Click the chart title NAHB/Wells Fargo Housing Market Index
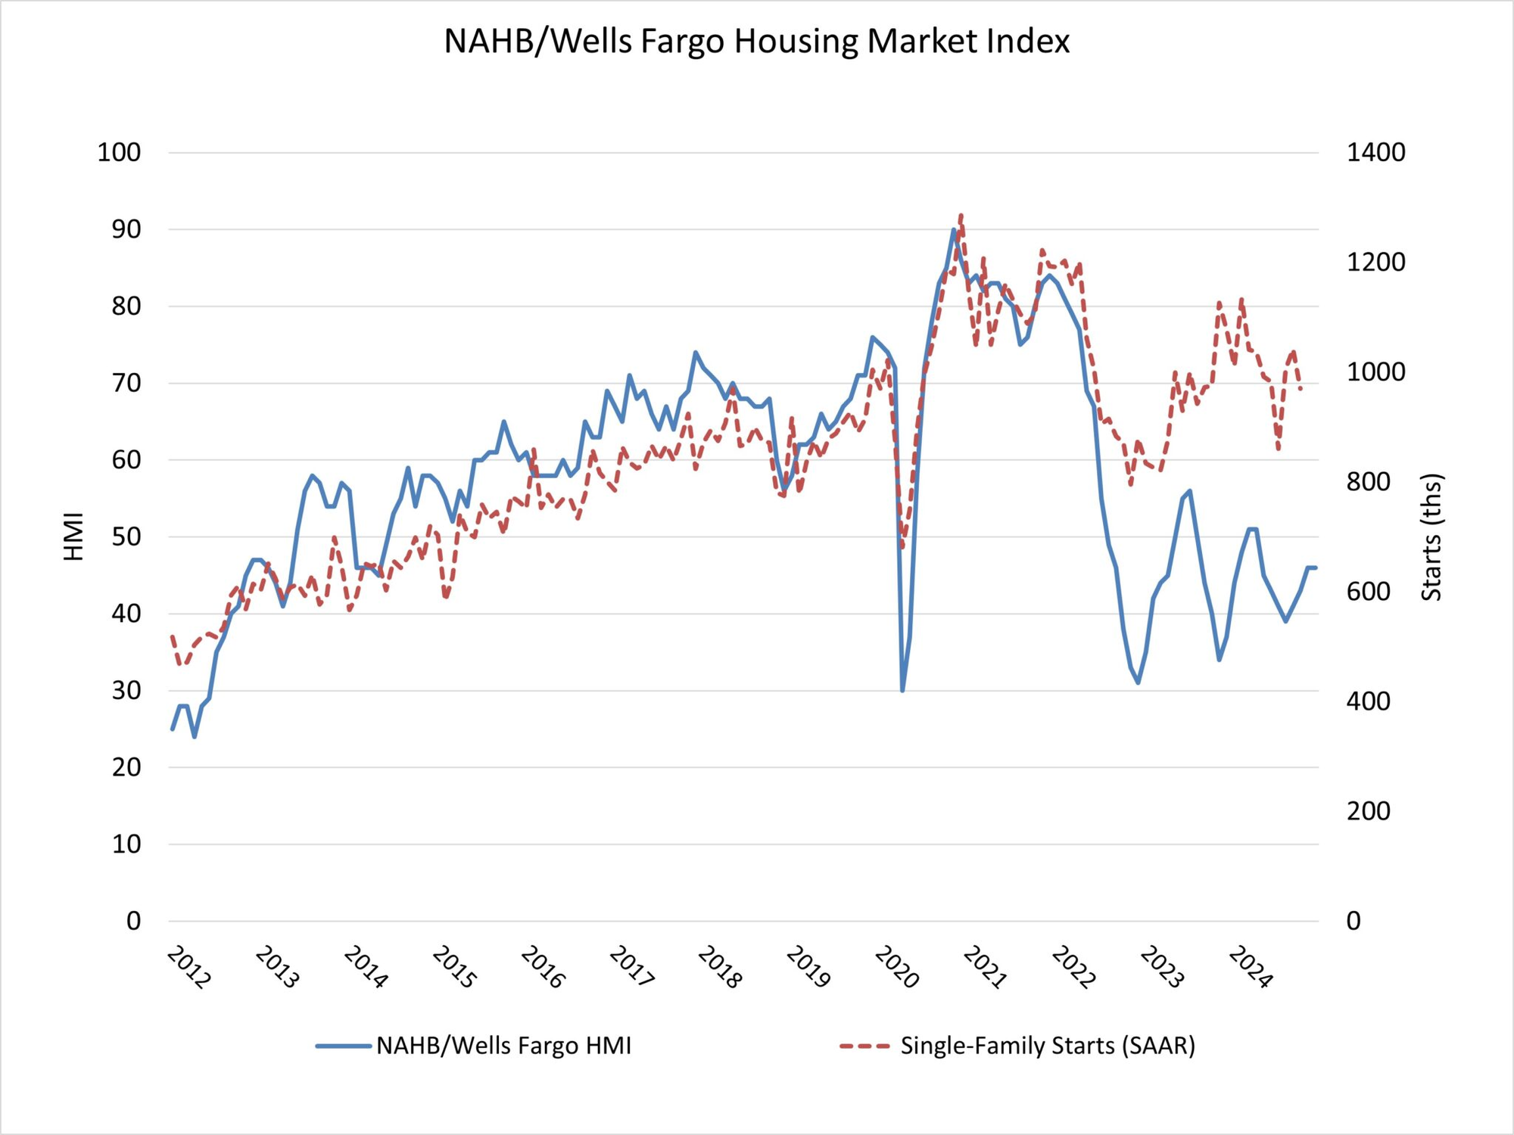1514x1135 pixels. [756, 42]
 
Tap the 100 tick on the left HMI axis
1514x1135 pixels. [119, 153]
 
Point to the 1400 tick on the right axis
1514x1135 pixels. [1375, 153]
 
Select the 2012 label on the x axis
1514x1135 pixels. [188, 968]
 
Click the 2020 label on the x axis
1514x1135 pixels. [896, 968]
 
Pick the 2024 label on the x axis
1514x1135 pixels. [1251, 968]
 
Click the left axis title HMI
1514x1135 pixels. [73, 536]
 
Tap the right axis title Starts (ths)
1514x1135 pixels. [1431, 536]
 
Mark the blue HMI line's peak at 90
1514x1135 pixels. [953, 230]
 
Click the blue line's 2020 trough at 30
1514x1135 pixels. [902, 690]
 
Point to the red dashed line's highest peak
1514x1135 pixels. [961, 216]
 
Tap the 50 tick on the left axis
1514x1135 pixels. [126, 537]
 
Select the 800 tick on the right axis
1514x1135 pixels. [1368, 482]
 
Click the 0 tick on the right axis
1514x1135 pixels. [1354, 921]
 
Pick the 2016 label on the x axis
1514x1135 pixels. [542, 968]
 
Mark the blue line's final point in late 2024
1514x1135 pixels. [1316, 567]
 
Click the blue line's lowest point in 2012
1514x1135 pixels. [195, 736]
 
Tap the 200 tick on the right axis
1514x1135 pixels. [1368, 811]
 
